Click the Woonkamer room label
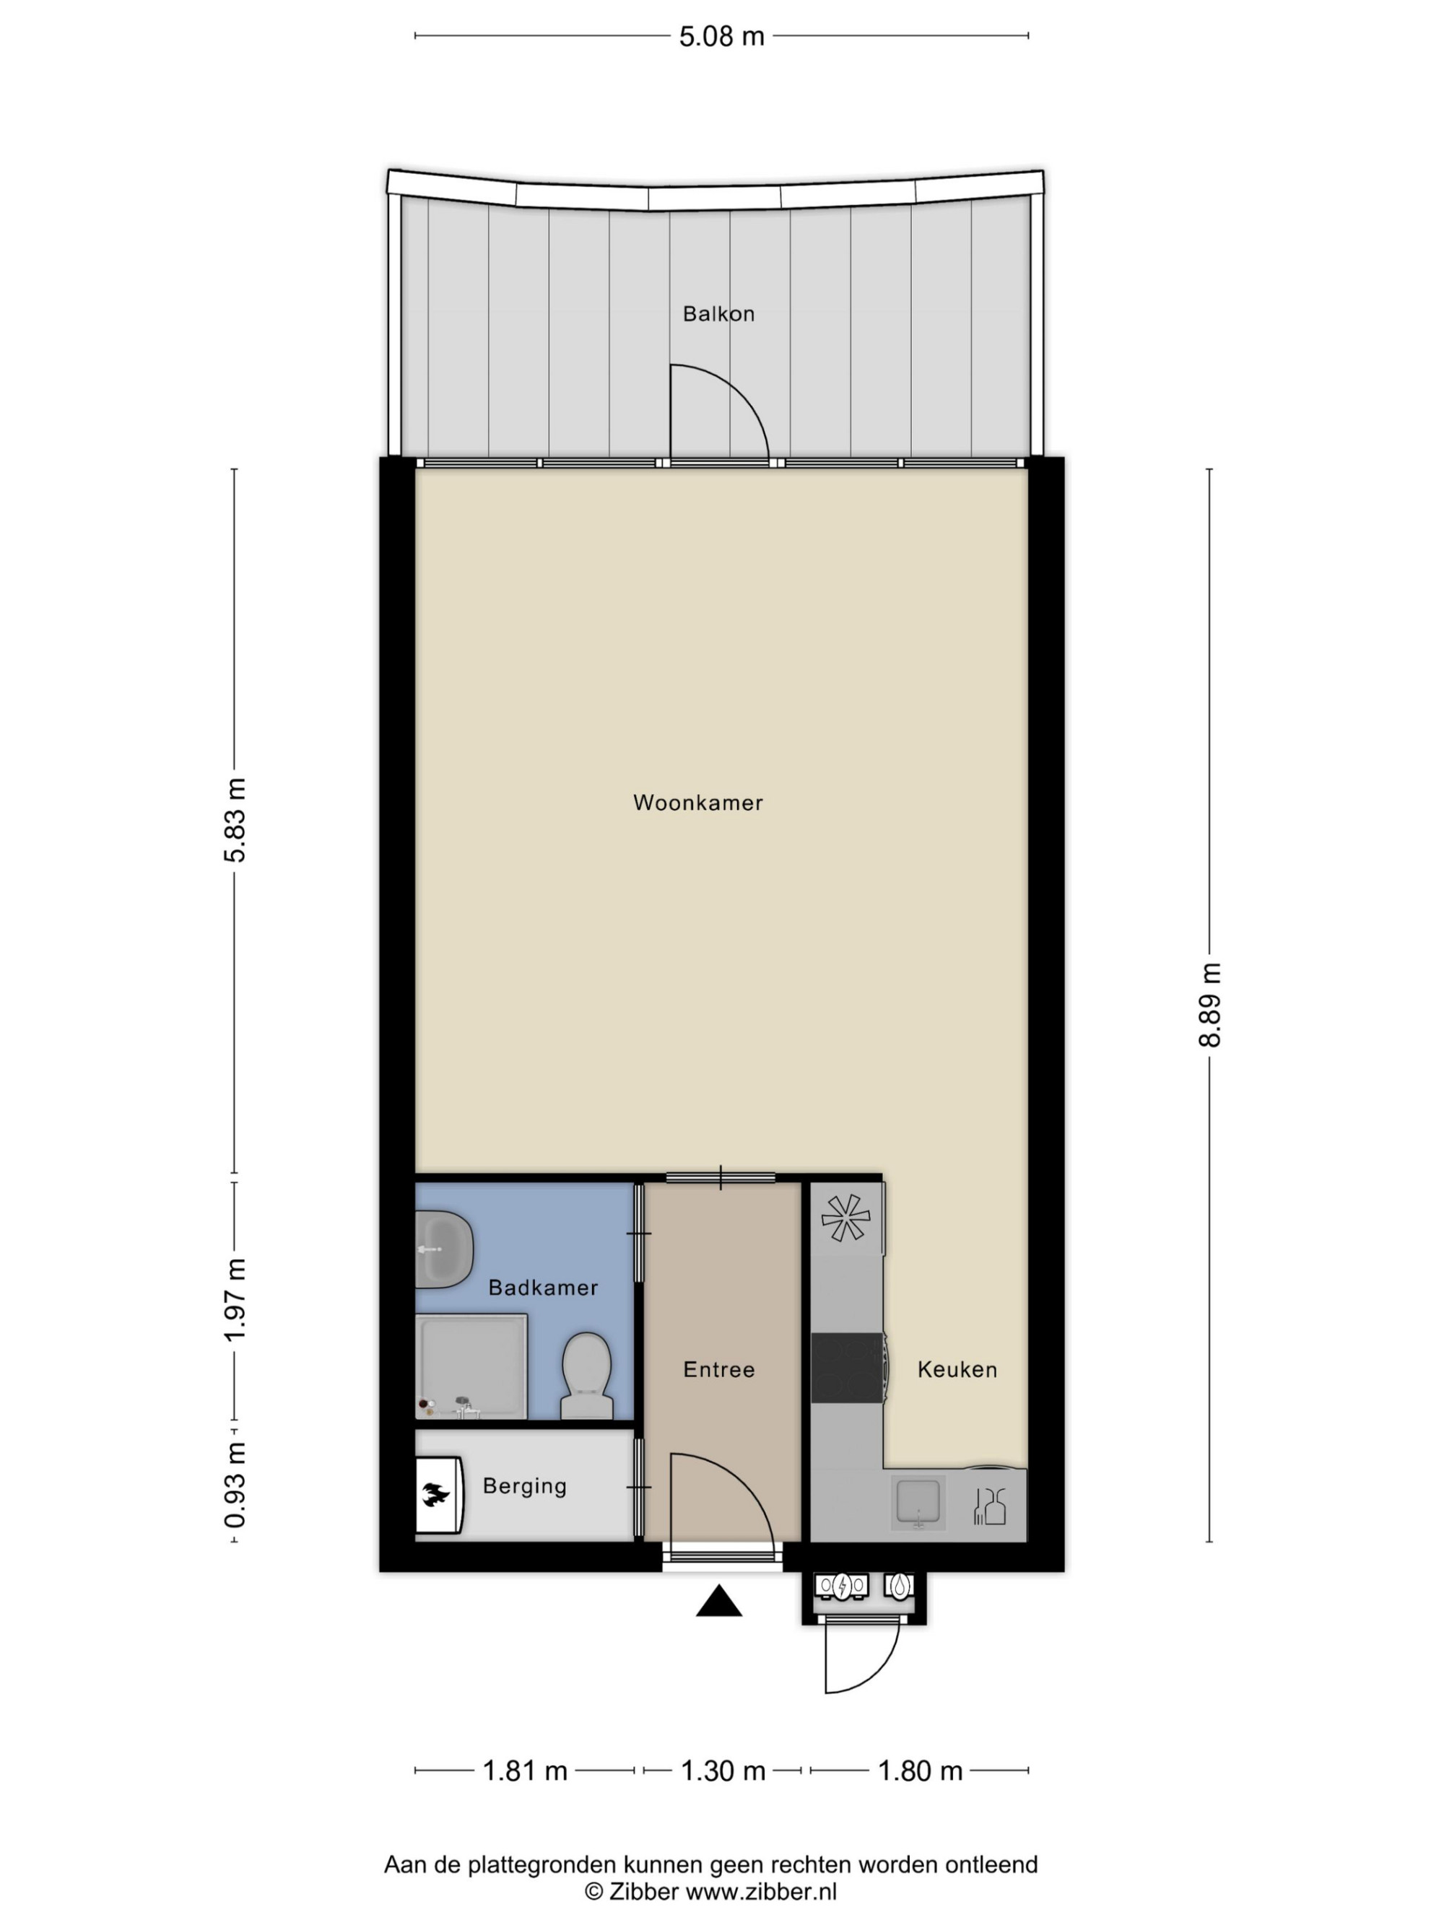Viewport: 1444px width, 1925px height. click(x=697, y=803)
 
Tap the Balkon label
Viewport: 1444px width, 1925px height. click(x=718, y=313)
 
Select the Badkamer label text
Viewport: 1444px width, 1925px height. click(x=543, y=1288)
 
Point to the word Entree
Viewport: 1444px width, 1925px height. click(x=718, y=1370)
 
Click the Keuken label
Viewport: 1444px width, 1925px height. click(x=957, y=1370)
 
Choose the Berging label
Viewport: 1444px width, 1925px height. click(x=525, y=1486)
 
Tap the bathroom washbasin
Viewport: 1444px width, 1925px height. click(x=444, y=1249)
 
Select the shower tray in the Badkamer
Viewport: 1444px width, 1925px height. click(x=471, y=1367)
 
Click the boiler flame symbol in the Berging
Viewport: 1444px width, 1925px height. click(x=436, y=1494)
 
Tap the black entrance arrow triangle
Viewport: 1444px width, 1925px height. click(x=719, y=1601)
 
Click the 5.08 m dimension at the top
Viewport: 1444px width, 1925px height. click(x=721, y=37)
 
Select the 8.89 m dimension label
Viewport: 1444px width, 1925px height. click(x=1210, y=1005)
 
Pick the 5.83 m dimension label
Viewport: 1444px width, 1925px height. click(x=235, y=821)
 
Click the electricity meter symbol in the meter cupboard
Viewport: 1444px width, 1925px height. click(x=842, y=1586)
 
